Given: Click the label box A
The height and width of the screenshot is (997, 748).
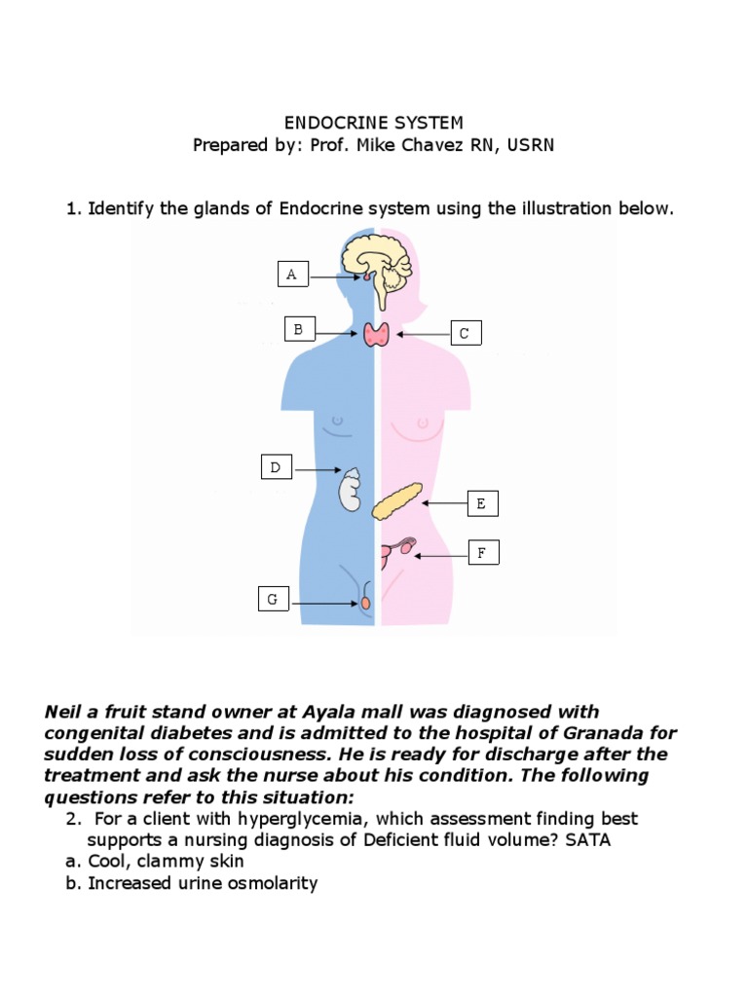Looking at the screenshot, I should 292,276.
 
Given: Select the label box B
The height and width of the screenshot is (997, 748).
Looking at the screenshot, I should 299,330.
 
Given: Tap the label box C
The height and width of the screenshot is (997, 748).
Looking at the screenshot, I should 465,334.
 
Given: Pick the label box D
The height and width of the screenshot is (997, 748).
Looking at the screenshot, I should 276,468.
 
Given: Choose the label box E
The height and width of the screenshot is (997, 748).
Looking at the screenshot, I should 481,503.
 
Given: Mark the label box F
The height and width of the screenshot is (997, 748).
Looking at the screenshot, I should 481,554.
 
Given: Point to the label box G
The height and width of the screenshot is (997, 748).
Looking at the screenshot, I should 273,600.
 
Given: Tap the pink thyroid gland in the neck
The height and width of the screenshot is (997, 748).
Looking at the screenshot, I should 377,334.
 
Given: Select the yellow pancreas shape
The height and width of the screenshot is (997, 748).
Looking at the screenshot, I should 398,501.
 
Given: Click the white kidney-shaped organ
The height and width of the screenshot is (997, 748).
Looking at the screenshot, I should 350,490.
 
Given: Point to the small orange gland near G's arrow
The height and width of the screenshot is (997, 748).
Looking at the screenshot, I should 366,604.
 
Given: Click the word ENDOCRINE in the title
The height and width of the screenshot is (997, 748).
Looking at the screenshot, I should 327,123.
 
